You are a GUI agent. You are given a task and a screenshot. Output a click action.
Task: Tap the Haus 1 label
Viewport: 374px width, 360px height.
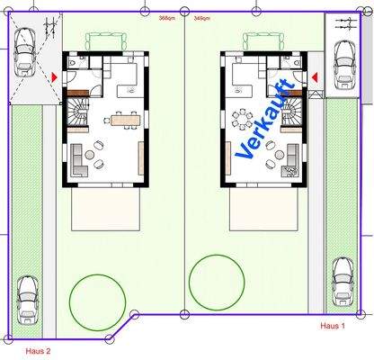pos(333,325)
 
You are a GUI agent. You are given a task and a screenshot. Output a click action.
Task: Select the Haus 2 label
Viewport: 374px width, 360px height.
pos(38,350)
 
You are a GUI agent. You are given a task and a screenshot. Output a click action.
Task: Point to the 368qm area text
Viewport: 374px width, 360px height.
pos(166,17)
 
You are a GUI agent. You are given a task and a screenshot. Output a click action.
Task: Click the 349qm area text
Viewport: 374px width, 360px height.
pos(203,17)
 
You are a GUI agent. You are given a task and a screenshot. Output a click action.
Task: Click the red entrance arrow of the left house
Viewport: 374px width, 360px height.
pos(56,78)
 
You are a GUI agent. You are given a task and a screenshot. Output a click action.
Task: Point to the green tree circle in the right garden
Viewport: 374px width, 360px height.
pos(217,283)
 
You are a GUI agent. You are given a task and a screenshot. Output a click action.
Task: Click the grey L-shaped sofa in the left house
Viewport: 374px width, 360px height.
pos(79,159)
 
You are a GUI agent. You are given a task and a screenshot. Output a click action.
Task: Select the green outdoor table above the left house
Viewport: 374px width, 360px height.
pos(102,41)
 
